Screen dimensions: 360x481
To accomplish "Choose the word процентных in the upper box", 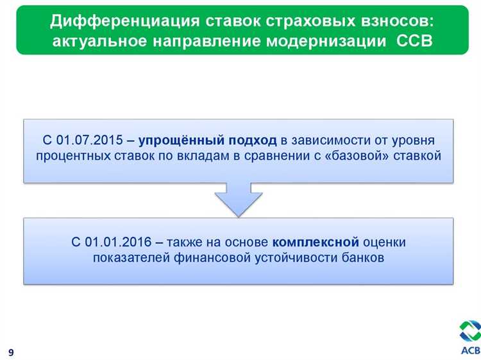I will click(x=70, y=156).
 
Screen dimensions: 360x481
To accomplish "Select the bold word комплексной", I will click(x=314, y=243).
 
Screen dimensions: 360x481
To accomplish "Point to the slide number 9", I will click(x=12, y=352).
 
